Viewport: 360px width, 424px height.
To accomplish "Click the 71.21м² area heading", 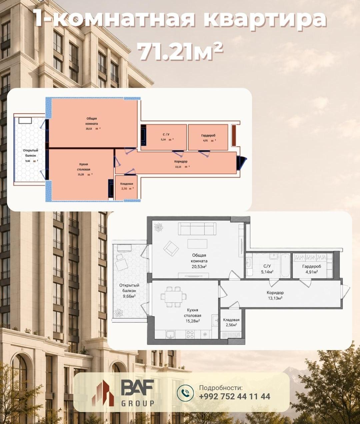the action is point(181,53).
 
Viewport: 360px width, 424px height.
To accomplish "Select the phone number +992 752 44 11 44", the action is point(235,396).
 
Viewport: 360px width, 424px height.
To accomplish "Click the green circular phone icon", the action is point(185,393).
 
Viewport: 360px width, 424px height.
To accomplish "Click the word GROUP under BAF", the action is point(138,403).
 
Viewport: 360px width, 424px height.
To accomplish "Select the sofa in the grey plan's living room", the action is point(197,229).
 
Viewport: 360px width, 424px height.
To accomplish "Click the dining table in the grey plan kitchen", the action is point(174,297).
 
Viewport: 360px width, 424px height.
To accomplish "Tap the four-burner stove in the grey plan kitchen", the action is point(190,334).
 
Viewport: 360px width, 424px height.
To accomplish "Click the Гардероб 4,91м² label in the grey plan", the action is point(312,269).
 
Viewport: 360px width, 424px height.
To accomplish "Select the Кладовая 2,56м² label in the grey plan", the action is point(231,322).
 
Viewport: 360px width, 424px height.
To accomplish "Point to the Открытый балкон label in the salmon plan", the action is point(30,153).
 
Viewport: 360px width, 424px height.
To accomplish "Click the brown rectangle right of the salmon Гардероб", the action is point(234,135).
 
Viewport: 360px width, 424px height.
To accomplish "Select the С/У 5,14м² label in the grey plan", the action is point(267,269).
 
